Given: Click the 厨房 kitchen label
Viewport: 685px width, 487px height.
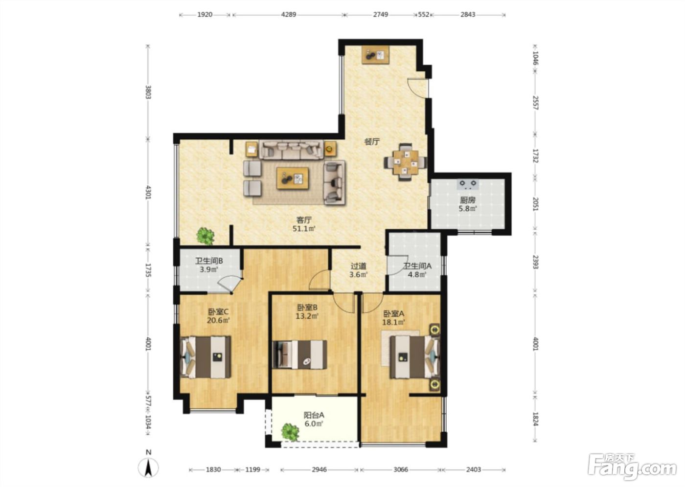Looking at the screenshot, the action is [468, 200].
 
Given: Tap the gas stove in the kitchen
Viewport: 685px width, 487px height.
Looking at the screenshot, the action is [468, 184].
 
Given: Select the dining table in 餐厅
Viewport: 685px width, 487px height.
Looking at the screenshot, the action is [406, 162].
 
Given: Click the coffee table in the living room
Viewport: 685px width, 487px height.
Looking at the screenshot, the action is [293, 178].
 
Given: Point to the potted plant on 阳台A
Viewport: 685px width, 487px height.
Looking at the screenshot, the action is [290, 431].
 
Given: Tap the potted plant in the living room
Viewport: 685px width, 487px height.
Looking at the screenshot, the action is [205, 236].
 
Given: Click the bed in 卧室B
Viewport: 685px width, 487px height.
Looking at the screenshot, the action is [299, 354].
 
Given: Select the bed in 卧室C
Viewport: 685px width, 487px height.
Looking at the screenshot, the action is [206, 357].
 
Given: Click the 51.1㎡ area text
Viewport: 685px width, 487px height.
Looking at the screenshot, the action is [304, 228].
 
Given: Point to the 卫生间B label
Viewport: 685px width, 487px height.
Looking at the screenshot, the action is [209, 261].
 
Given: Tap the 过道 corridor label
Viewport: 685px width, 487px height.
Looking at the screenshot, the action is [358, 266].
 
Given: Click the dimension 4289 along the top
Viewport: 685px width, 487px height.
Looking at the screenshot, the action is [288, 14].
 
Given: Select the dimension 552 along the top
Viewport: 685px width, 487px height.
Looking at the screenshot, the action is [424, 14].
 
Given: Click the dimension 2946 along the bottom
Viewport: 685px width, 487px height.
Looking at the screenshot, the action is [319, 469].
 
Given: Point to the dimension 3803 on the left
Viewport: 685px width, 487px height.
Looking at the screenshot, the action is [148, 92].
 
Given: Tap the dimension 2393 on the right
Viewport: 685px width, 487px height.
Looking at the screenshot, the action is [535, 262].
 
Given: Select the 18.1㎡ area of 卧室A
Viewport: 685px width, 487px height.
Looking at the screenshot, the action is [393, 322].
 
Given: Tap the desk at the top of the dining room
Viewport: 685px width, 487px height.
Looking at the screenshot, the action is [376, 55].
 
